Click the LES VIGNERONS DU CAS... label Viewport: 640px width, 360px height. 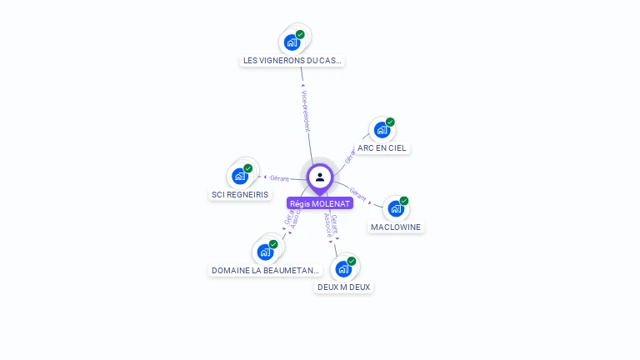(292, 60)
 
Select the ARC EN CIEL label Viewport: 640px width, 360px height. (382, 148)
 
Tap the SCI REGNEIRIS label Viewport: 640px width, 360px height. (240, 194)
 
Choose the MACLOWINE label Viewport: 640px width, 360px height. (396, 227)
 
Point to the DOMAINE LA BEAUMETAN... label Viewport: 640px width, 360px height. (265, 270)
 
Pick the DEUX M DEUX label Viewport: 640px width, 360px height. (343, 287)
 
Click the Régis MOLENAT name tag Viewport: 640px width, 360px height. (320, 203)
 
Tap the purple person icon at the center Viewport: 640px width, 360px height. (320, 177)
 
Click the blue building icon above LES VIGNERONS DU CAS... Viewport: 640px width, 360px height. (292, 42)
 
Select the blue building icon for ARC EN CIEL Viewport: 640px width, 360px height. (382, 130)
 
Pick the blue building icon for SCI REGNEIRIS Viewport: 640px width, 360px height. (240, 176)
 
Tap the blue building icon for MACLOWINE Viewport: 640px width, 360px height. (396, 208)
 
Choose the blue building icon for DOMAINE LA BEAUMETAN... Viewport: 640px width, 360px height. (265, 252)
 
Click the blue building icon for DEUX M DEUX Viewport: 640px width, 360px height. (342, 268)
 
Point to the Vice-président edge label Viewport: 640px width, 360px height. (306, 109)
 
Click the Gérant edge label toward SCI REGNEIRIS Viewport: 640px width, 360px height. (278, 177)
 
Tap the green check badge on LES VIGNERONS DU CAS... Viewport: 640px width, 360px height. (300, 34)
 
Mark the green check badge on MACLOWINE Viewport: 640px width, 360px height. (404, 201)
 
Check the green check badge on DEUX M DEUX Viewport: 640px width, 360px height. (352, 261)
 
